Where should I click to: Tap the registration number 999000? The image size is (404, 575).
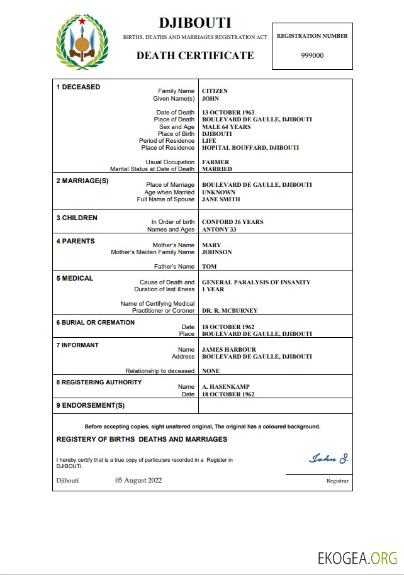pyautogui.click(x=312, y=55)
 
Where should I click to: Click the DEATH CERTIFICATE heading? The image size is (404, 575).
pyautogui.click(x=195, y=55)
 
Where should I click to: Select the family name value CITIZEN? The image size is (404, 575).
pyautogui.click(x=215, y=91)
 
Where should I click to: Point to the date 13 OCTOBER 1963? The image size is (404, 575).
pyautogui.click(x=228, y=113)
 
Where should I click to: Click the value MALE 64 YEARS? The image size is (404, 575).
pyautogui.click(x=226, y=127)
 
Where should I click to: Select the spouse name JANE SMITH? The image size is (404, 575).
pyautogui.click(x=220, y=199)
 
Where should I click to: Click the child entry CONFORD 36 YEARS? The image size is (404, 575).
pyautogui.click(x=232, y=222)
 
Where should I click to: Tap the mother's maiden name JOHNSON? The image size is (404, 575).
pyautogui.click(x=216, y=252)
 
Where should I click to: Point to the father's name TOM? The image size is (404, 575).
pyautogui.click(x=209, y=267)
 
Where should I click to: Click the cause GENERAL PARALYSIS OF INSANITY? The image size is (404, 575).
pyautogui.click(x=256, y=282)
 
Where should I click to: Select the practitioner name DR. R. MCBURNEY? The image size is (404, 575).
pyautogui.click(x=230, y=311)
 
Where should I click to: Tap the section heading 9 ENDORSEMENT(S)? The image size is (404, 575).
pyautogui.click(x=91, y=405)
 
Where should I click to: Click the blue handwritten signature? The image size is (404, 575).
pyautogui.click(x=328, y=458)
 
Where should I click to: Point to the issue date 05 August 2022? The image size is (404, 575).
pyautogui.click(x=138, y=481)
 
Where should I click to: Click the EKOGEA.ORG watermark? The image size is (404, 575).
pyautogui.click(x=357, y=557)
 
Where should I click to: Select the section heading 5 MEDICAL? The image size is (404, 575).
pyautogui.click(x=75, y=278)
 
